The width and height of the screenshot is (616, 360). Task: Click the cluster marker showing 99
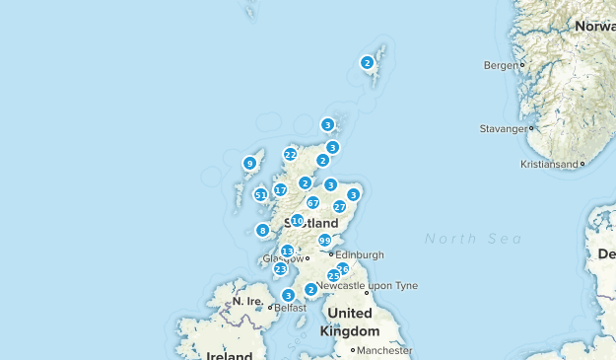coord(324,241)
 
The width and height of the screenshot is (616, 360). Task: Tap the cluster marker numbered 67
coord(312,202)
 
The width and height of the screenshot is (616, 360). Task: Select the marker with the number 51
coord(261,195)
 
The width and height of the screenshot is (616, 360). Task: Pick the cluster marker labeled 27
coord(339,207)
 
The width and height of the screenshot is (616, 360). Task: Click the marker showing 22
coord(290,154)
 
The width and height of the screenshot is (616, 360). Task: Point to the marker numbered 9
coord(249,163)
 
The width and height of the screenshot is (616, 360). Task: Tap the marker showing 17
coord(281,190)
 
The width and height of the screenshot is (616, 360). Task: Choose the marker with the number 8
coord(262,231)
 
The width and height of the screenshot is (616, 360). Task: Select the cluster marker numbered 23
coord(281,268)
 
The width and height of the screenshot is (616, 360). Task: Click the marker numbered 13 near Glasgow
coord(287,252)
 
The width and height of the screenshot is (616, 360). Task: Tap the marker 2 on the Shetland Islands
coord(367,62)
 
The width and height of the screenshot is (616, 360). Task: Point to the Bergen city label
coord(501,65)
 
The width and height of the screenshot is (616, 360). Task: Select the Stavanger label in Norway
coord(503,128)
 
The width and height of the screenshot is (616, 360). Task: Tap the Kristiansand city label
coord(549,165)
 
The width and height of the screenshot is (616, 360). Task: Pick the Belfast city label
coord(291,308)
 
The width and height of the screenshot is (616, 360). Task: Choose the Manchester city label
coord(384,350)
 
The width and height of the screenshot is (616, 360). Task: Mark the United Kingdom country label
coord(350,322)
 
